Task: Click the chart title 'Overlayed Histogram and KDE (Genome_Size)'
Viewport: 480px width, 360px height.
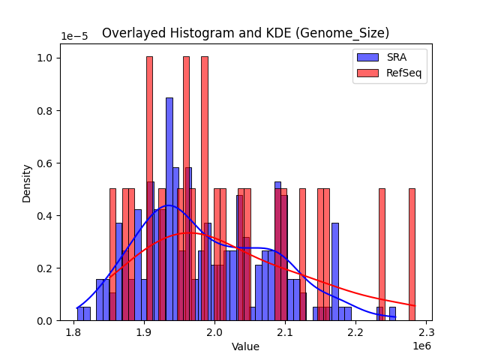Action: [245, 33]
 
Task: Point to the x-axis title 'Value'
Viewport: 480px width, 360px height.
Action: [245, 346]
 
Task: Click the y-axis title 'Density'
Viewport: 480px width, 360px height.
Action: [27, 183]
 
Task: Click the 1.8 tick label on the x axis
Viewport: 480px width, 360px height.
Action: [73, 332]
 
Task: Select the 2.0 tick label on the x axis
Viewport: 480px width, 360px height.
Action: [214, 332]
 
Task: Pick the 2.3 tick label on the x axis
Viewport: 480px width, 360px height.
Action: [426, 332]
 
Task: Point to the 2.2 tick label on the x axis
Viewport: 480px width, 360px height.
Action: [355, 332]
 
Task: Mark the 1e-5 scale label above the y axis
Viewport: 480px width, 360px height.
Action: [73, 36]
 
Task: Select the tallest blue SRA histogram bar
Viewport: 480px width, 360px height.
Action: [169, 210]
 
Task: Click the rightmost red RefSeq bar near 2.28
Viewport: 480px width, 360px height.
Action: [412, 255]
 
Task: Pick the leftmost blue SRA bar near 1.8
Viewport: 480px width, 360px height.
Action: [80, 314]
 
